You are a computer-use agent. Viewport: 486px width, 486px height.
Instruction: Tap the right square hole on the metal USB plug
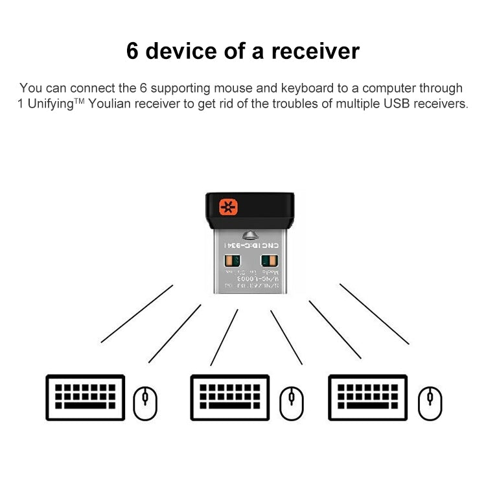pos(268,263)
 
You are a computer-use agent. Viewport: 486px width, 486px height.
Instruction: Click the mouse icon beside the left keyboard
pos(145,402)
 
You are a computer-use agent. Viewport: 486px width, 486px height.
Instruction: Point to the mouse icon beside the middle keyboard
pos(291,402)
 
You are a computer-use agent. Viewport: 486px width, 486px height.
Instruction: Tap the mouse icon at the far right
pos(430,402)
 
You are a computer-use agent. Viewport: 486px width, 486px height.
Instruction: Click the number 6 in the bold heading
pos(133,51)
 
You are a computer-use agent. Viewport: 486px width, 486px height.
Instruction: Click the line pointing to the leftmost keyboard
pos(137,314)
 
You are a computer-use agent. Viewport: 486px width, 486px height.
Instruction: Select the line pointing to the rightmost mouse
pos(374,314)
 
